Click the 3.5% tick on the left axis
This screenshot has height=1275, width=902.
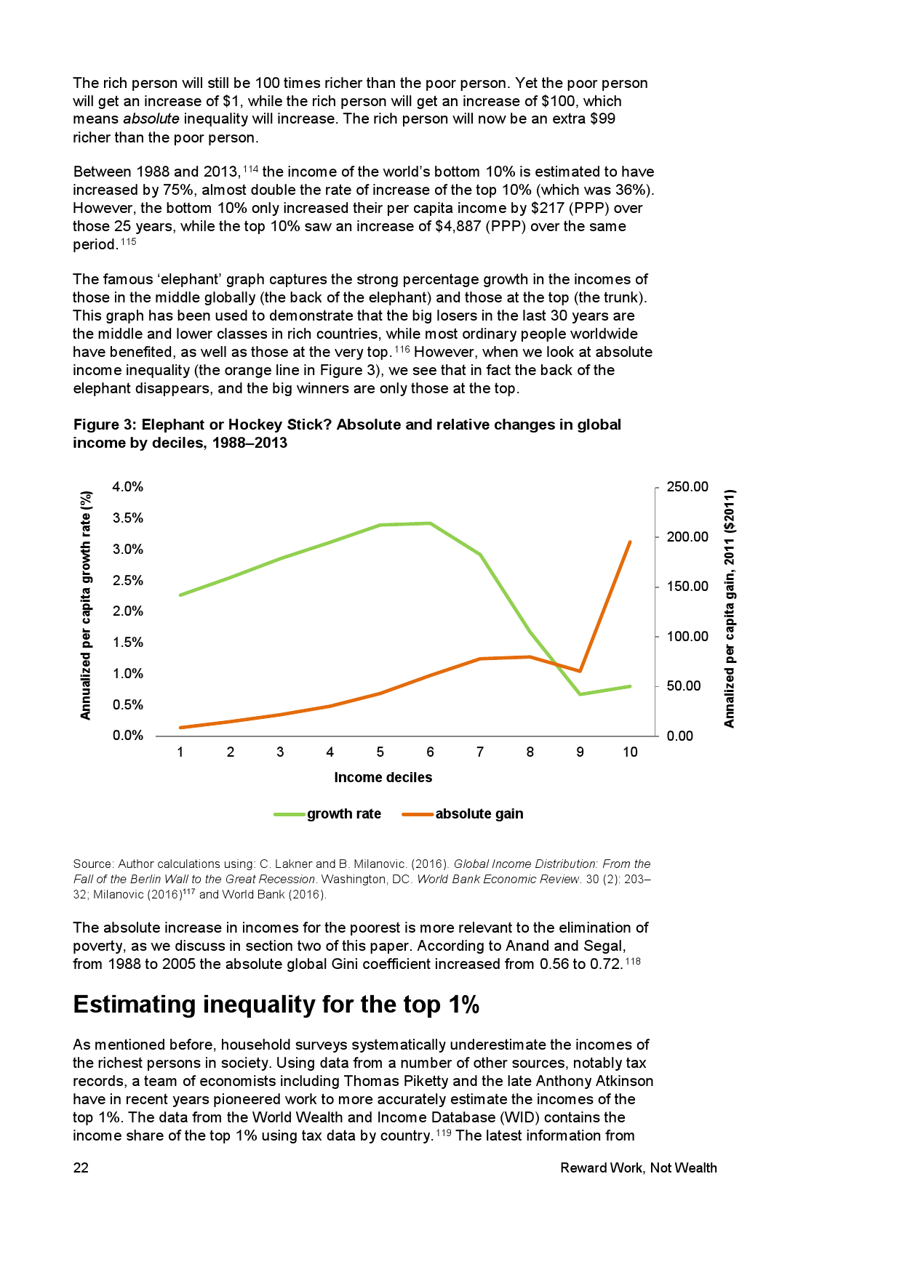(127, 518)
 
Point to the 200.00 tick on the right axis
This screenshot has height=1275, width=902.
(687, 537)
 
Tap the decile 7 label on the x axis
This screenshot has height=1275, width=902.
(480, 752)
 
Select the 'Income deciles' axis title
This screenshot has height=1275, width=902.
(383, 778)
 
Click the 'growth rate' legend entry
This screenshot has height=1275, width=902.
(343, 814)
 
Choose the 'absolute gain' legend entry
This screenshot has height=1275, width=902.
(479, 814)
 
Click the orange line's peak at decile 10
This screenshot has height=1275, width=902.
(630, 542)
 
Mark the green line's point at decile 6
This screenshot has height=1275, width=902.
(431, 523)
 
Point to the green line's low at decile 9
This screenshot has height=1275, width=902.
(580, 694)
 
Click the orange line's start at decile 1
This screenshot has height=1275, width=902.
(180, 727)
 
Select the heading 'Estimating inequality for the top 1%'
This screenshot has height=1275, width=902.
(276, 1005)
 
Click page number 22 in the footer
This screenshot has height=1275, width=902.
(81, 1168)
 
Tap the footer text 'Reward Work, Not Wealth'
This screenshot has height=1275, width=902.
(638, 1168)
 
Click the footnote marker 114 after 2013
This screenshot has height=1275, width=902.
(250, 169)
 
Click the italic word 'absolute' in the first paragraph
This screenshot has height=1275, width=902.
(151, 119)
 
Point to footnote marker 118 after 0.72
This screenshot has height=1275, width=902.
(633, 962)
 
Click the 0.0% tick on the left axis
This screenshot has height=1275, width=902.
(127, 736)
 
